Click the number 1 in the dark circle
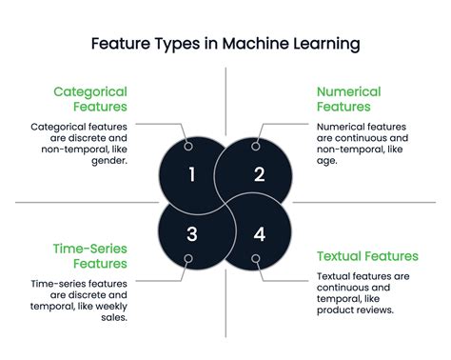coord(191,173)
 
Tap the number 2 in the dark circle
coord(259,173)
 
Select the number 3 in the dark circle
coord(191,234)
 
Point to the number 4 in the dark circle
coord(259,234)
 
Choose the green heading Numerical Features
coord(348,100)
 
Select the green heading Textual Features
coord(366,255)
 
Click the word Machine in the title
coord(249,44)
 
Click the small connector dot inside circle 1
coord(188,146)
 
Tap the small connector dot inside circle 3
coord(188,258)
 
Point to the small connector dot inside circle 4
coord(255,258)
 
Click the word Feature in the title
coord(120,44)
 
